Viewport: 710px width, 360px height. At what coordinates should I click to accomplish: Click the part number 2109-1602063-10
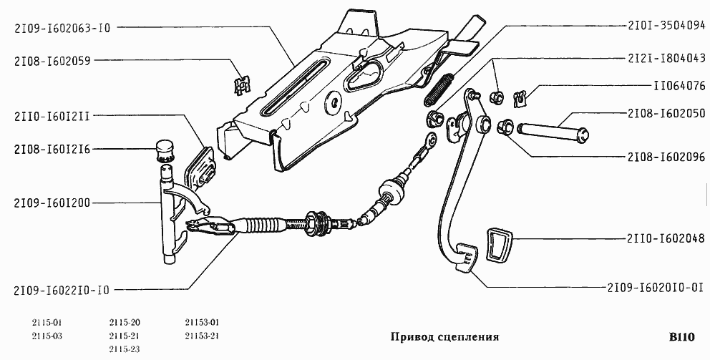click(x=62, y=28)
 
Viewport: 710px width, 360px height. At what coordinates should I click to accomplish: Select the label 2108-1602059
click(x=52, y=62)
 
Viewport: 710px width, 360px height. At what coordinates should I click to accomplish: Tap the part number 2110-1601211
click(x=52, y=115)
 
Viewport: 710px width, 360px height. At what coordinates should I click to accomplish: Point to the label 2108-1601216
click(x=52, y=149)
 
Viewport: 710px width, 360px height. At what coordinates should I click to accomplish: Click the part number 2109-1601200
click(x=52, y=203)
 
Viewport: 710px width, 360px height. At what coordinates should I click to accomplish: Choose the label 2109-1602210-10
click(x=62, y=290)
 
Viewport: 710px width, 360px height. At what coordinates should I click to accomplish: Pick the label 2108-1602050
click(x=666, y=113)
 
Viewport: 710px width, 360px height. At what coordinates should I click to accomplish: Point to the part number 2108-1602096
click(x=666, y=155)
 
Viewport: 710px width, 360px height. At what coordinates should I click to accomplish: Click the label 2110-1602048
click(x=666, y=238)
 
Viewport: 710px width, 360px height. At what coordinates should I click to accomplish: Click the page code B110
click(x=682, y=336)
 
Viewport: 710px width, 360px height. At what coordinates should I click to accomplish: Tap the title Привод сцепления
click(x=444, y=336)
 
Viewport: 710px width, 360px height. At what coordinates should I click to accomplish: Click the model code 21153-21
click(x=201, y=335)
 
